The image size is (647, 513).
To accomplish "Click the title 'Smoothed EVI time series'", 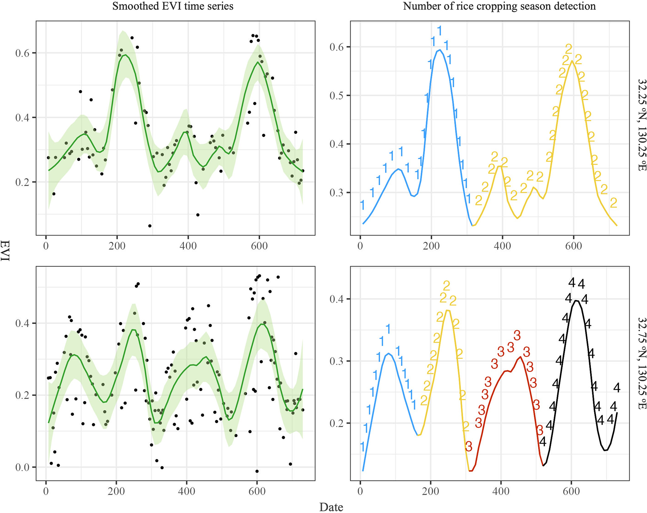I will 173,6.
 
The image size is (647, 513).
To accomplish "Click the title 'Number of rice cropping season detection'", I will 499,6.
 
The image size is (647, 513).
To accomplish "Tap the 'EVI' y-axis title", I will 5,250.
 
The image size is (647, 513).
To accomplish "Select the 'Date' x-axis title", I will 331,507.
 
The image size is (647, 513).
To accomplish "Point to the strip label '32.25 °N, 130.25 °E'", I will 642,125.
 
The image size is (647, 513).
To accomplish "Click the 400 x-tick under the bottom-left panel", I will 187,491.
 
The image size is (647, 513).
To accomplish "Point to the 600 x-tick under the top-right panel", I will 573,246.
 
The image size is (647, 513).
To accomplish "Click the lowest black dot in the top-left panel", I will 150,226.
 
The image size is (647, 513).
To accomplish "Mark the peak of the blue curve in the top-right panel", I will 440,50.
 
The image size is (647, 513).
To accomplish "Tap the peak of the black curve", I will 576,301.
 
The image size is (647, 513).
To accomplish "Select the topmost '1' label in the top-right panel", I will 440,31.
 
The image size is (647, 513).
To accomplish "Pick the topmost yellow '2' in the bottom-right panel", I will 447,285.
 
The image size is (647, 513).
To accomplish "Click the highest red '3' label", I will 517,336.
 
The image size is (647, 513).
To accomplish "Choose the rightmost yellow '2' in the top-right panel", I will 614,203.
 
